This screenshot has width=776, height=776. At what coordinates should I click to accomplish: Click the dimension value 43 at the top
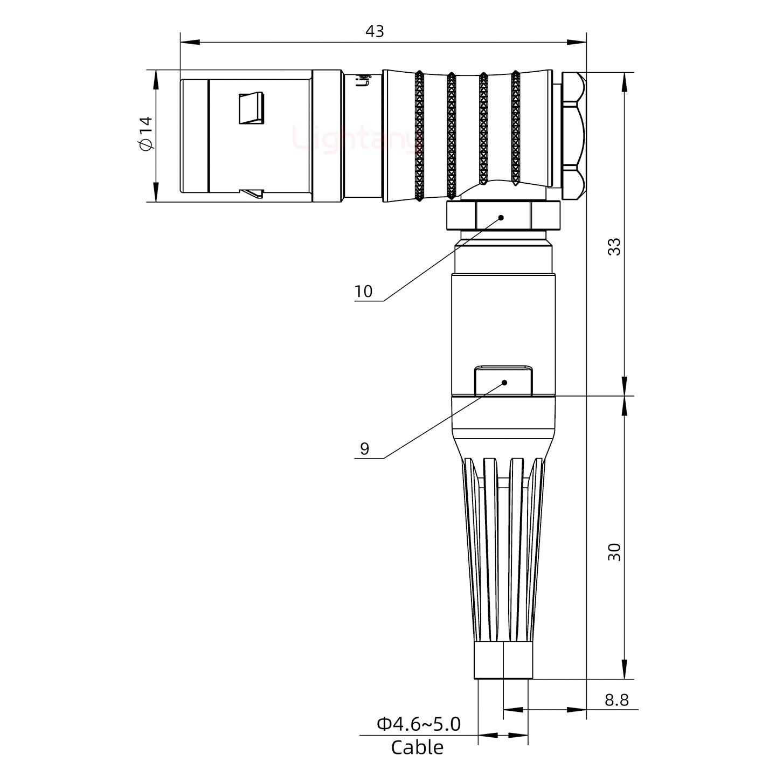coord(375,31)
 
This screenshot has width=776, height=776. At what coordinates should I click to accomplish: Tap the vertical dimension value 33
coord(614,246)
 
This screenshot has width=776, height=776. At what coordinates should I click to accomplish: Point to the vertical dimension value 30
coord(614,552)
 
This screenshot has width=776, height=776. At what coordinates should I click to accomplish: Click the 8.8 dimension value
coord(616,699)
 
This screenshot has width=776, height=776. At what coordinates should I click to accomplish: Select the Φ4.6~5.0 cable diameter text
coord(419,724)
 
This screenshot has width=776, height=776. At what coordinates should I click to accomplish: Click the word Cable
coord(417,747)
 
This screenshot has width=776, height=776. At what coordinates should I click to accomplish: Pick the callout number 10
coord(363,292)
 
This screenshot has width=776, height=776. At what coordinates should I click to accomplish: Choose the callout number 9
coord(364,448)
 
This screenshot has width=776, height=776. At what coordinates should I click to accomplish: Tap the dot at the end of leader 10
coord(501,218)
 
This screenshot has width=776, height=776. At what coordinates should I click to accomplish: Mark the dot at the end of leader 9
coord(504,383)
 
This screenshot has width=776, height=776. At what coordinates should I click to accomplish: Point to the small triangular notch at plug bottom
coord(252,192)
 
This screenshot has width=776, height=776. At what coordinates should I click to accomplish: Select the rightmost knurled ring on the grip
coord(516,129)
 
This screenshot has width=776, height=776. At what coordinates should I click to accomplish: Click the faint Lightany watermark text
coord(356,137)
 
